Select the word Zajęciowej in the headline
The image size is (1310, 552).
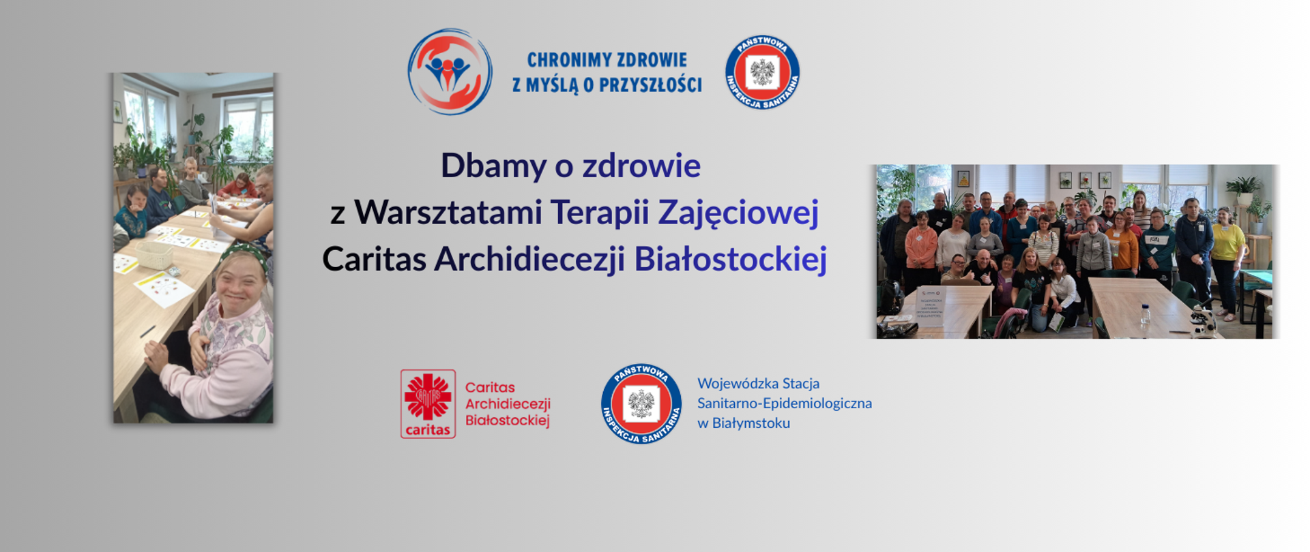(738, 213)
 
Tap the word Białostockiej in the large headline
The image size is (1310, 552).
(731, 259)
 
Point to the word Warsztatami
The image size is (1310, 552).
(448, 213)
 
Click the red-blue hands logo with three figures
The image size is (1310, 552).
(450, 72)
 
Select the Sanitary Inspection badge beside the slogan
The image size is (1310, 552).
(762, 72)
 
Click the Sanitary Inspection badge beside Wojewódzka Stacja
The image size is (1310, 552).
(641, 403)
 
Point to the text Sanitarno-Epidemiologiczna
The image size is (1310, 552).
(784, 403)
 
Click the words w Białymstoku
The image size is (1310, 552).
(743, 423)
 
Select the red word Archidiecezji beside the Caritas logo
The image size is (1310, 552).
(508, 403)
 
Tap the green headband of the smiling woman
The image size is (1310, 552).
(242, 254)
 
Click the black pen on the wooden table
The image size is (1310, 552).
(147, 332)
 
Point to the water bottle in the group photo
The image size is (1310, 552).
(1146, 313)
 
